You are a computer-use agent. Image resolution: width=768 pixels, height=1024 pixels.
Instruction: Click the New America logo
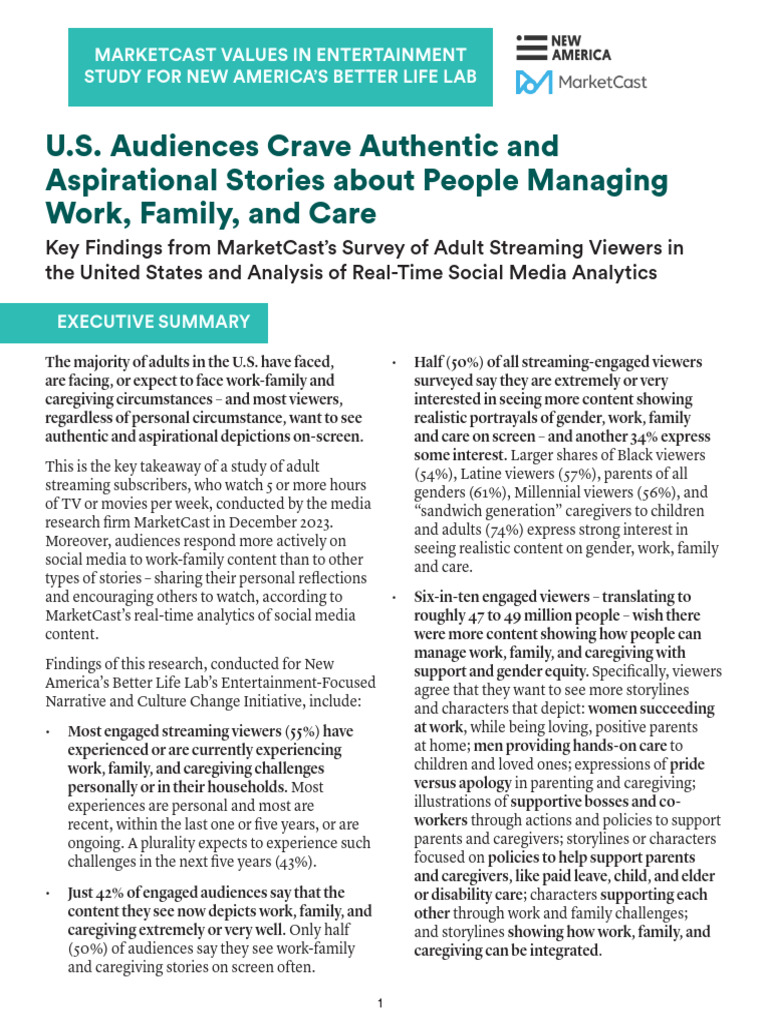563,48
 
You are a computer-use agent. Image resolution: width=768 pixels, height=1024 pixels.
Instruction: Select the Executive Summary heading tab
153,322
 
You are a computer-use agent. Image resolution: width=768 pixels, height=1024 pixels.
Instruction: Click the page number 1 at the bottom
381,1003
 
